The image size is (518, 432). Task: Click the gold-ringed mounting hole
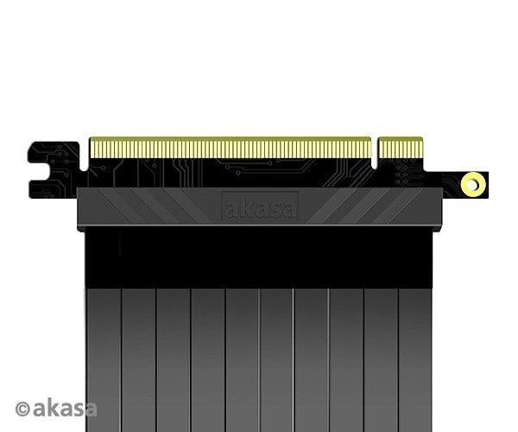click(473, 183)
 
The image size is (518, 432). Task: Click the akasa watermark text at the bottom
click(66, 408)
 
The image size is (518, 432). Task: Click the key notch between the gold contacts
click(376, 152)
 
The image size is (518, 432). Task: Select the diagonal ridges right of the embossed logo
click(345, 206)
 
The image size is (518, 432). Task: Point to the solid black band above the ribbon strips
click(259, 255)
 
